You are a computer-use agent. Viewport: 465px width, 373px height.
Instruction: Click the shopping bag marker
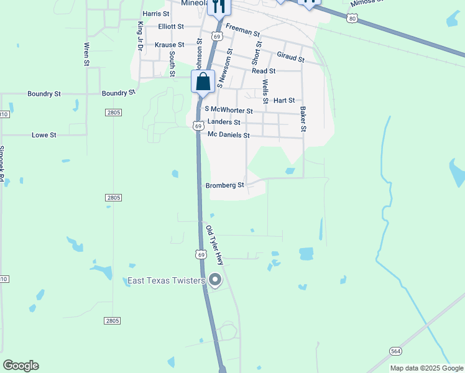(x=203, y=81)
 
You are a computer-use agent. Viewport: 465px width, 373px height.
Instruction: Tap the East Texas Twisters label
(x=166, y=281)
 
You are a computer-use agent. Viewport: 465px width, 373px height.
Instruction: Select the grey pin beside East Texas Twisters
(x=215, y=280)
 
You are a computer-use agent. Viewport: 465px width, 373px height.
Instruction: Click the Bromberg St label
(x=225, y=185)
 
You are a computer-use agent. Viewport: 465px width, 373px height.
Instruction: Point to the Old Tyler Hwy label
(x=214, y=246)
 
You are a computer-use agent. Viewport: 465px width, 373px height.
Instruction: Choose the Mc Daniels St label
(x=228, y=135)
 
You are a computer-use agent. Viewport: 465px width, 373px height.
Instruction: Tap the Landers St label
(x=224, y=122)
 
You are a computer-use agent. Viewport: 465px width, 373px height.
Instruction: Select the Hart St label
(x=283, y=100)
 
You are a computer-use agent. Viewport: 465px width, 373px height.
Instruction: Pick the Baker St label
(x=303, y=119)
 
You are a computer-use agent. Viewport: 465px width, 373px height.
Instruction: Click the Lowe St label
(x=44, y=134)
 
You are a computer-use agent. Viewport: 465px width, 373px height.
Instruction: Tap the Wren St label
(x=86, y=53)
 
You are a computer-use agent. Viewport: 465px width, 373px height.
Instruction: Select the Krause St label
(x=169, y=45)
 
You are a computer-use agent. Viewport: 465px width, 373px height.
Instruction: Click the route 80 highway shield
(x=353, y=19)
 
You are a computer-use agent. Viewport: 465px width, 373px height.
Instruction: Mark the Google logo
(x=21, y=366)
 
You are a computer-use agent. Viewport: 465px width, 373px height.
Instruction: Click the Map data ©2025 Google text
(x=426, y=368)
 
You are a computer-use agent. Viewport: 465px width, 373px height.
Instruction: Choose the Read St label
(x=263, y=71)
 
